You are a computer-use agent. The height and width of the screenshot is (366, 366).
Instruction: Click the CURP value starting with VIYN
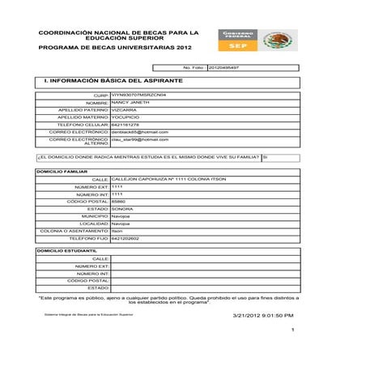(x=138, y=96)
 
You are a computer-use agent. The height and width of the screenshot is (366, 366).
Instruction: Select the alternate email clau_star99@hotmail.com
(x=140, y=139)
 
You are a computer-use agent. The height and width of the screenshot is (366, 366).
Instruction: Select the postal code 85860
(x=118, y=201)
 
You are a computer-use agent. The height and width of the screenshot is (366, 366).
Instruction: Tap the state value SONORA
(x=122, y=208)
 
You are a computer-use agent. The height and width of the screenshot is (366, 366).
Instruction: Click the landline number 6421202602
(x=126, y=238)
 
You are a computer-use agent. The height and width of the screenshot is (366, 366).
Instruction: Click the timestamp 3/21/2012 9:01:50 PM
(x=262, y=315)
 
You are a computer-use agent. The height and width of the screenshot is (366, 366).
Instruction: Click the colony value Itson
(x=117, y=231)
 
